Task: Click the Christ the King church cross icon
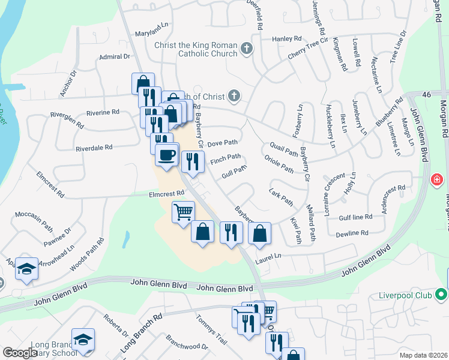pos(246,48)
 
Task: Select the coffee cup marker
pos(167,154)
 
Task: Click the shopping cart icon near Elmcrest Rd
pos(183,211)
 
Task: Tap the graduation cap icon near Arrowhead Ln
pos(26,269)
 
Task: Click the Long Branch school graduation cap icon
pos(83,338)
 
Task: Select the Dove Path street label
pos(223,143)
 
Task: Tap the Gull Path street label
pos(234,173)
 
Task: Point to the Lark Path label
pos(281,197)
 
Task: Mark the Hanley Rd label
pos(286,39)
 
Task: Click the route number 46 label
pos(427,95)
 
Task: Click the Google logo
pos(20,353)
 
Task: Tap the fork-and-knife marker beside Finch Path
pos(193,161)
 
